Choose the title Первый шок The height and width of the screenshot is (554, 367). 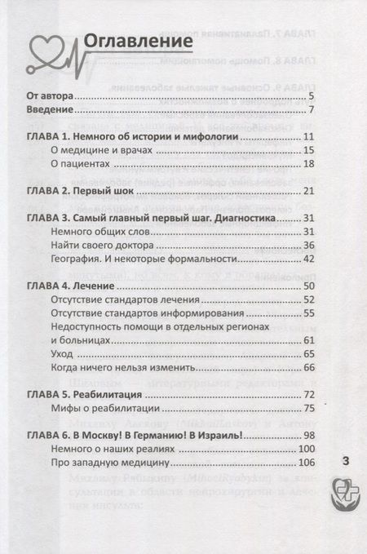tap(123, 191)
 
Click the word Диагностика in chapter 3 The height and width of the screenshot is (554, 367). tap(254, 217)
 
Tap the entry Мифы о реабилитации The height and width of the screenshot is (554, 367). tap(108, 409)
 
